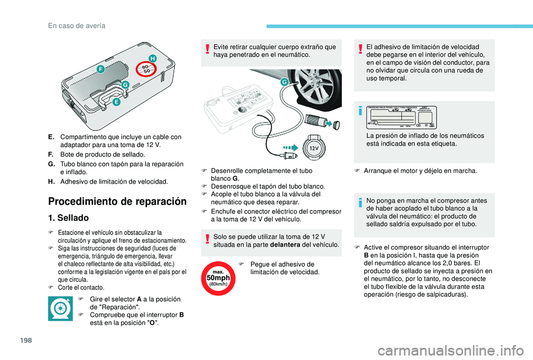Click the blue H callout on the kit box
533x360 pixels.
[151, 58]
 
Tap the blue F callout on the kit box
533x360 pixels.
[100, 69]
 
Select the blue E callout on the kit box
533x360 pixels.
[116, 102]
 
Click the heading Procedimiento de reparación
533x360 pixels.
[117, 201]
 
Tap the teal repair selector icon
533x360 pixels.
[60, 308]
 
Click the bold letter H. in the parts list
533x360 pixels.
[51, 181]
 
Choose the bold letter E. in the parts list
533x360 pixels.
[51, 136]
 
